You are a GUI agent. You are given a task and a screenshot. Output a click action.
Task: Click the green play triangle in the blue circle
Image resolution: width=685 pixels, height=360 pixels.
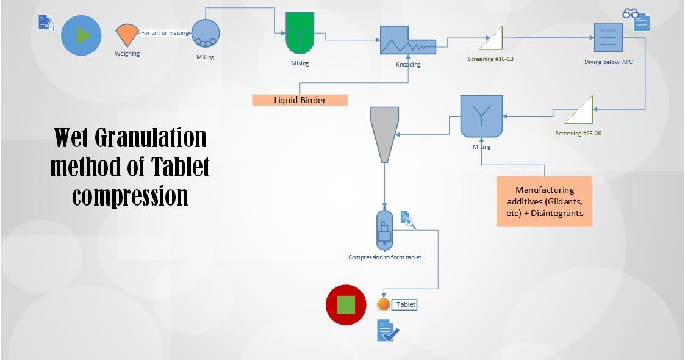tap(82, 35)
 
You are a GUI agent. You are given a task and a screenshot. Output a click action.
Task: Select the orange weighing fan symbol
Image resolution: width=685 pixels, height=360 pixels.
tap(127, 35)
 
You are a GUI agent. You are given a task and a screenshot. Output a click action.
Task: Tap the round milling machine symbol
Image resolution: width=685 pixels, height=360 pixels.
tap(206, 33)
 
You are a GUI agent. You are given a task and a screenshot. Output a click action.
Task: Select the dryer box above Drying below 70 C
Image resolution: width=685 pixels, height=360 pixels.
tap(608, 38)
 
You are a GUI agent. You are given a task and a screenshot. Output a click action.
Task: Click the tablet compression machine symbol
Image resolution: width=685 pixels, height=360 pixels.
tap(384, 230)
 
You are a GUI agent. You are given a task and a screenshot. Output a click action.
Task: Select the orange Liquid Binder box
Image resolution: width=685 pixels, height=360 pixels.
tap(299, 100)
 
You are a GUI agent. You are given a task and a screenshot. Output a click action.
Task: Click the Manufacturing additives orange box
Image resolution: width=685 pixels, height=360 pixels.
tap(544, 201)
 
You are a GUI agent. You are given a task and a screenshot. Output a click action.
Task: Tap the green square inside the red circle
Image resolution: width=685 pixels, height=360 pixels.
tap(346, 304)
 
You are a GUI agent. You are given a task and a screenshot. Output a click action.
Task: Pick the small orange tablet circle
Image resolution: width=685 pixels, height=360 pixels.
tap(384, 304)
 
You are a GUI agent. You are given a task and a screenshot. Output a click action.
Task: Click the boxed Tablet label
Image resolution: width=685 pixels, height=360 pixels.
tap(405, 304)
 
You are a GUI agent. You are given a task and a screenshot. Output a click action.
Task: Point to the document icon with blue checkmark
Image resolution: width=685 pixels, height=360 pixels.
tap(387, 330)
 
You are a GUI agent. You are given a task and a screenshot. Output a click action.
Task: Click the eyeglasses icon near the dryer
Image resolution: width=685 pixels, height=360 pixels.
tap(630, 13)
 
